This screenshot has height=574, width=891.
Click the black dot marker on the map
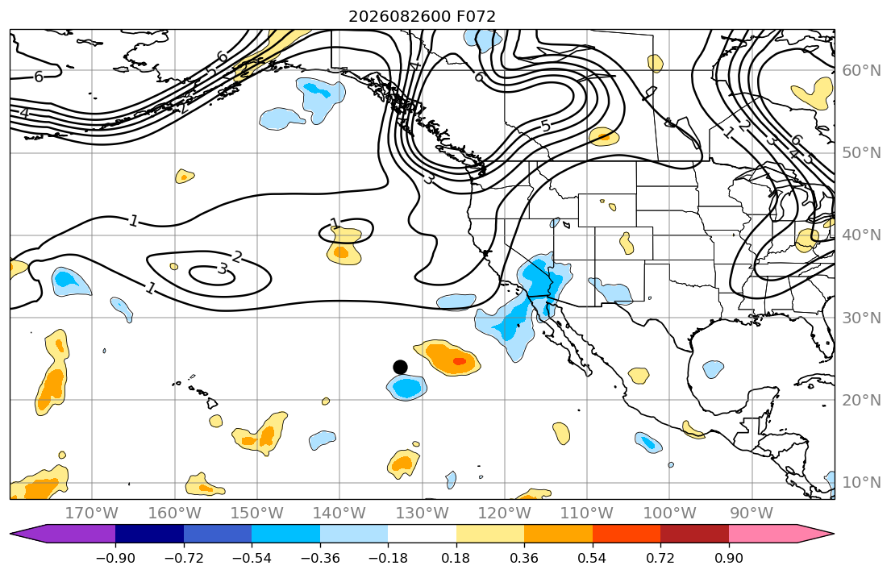point(400,367)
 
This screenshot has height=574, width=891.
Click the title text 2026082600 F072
point(423,16)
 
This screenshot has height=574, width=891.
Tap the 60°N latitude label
point(861,70)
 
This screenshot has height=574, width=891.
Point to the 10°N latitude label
point(861,483)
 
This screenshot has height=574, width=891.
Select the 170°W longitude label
point(92,514)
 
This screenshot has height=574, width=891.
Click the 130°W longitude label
point(423,514)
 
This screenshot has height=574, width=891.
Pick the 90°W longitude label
point(752,514)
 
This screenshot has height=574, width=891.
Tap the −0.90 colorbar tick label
point(115,559)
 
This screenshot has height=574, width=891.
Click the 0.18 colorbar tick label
point(456,559)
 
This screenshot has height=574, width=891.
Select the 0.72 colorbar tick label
point(660,559)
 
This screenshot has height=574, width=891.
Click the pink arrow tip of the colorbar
point(833,534)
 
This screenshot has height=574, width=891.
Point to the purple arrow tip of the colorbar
point(11,534)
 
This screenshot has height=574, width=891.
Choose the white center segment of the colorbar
point(423,534)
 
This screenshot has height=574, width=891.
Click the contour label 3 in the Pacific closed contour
point(223,268)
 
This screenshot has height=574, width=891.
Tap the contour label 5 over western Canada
point(546,126)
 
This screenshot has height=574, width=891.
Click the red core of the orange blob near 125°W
point(459,361)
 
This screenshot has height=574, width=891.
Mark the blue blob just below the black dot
point(406,388)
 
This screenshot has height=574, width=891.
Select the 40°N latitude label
point(861,235)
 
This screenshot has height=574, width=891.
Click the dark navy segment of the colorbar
point(149,534)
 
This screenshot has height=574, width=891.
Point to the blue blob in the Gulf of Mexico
point(713,369)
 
